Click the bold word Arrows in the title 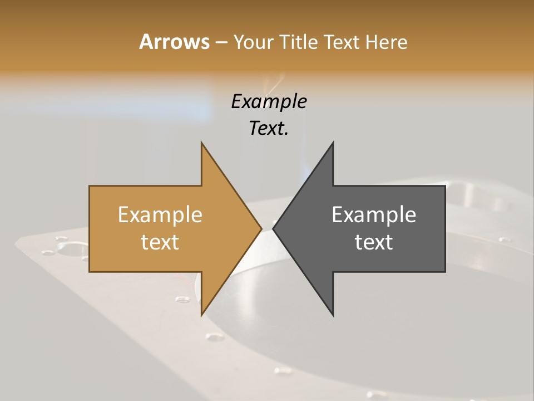point(174,42)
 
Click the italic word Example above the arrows point(269,101)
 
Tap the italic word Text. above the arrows point(269,128)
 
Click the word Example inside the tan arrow point(160,215)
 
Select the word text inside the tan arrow point(160,242)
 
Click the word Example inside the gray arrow point(374,215)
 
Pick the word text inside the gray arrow point(374,242)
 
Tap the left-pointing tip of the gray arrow point(274,228)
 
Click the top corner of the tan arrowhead point(201,143)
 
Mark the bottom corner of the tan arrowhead point(201,315)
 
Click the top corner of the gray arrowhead point(333,143)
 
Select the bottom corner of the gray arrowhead point(333,315)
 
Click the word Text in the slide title point(340,42)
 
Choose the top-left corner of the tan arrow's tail point(90,187)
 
